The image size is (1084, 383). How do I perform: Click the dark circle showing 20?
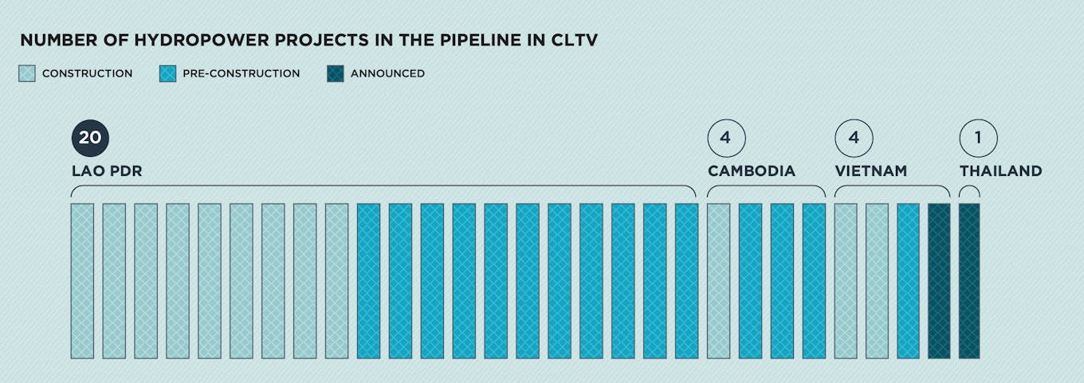point(90,138)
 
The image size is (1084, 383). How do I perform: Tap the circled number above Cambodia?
point(726,138)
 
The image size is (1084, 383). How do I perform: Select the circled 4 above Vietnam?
point(854,138)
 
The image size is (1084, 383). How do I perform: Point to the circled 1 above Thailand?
point(978,138)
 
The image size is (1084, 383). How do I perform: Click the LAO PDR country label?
point(107,171)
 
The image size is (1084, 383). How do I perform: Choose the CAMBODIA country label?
point(752,171)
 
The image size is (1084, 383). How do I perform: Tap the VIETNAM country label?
point(870,171)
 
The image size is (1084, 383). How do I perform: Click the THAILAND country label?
point(1000,171)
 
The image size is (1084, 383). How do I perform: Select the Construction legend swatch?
point(27,73)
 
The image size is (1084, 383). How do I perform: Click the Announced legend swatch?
point(336,73)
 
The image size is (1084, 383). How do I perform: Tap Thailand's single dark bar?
point(969,281)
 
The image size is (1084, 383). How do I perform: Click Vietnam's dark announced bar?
point(939,281)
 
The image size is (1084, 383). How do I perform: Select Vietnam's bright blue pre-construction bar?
point(908,281)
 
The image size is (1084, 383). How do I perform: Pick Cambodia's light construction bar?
point(718,281)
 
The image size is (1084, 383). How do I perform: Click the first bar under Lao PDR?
point(82,281)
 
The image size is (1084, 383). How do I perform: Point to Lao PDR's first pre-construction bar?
point(368,281)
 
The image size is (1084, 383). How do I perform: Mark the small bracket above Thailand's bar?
point(969,190)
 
